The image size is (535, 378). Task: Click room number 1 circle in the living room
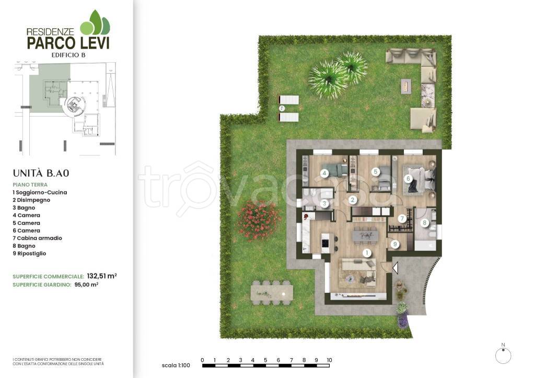367,253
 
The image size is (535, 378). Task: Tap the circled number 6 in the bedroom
408,179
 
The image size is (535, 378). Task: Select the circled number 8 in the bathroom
424,223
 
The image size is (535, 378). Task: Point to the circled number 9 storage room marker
395,244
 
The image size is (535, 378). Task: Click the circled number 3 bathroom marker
324,204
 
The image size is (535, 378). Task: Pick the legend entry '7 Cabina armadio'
38,238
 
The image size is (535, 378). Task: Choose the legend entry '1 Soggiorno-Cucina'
40,192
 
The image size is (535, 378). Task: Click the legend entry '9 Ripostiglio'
29,254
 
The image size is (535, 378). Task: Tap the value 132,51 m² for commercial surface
102,276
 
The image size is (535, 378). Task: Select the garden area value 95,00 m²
86,284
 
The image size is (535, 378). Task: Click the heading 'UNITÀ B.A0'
41,174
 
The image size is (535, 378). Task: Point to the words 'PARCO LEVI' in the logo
68,43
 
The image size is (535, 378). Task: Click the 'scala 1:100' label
176,365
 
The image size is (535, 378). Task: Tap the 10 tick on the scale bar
329,360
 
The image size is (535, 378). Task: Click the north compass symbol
503,355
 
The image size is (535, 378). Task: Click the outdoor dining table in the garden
272,293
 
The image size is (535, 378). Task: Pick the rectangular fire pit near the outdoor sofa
406,86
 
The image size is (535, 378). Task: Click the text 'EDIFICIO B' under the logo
68,55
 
